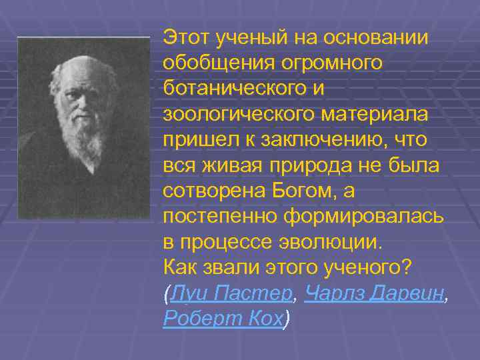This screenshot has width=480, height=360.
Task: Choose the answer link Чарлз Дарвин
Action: coord(373,293)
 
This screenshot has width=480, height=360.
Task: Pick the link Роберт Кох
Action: coord(223,318)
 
